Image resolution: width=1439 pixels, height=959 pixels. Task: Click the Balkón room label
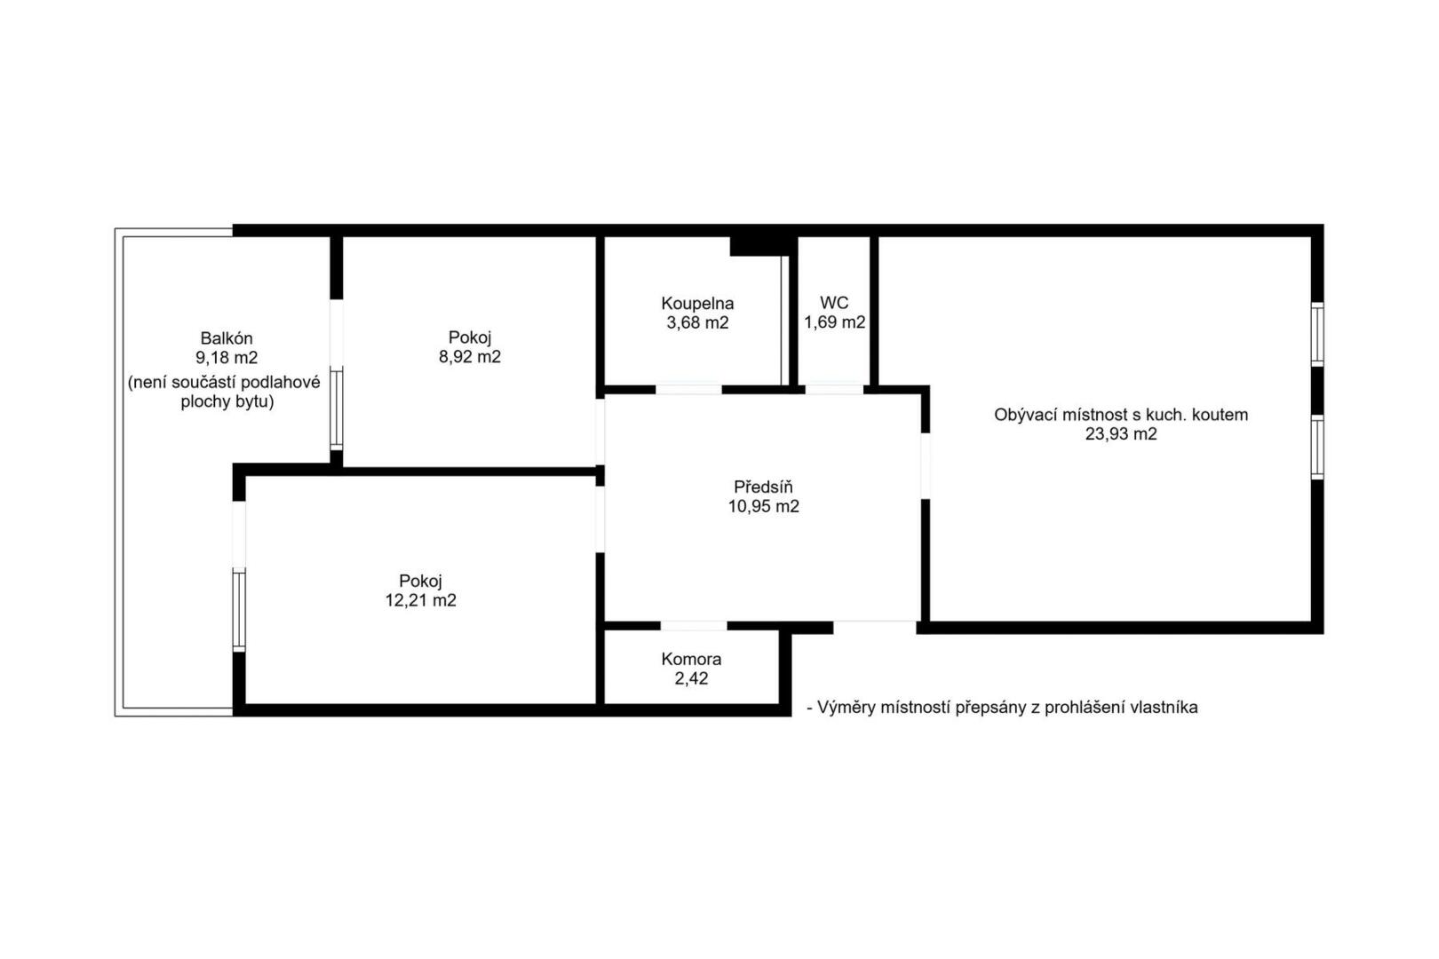point(227,337)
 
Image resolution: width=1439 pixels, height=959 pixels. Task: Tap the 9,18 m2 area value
point(227,358)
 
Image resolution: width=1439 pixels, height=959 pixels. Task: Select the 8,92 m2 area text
point(470,357)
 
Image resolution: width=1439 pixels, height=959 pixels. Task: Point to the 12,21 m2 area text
point(420,600)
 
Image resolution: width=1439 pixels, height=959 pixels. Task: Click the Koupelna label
point(697,303)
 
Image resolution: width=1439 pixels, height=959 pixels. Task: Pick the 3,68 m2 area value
point(697,323)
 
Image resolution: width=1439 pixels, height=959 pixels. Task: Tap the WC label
point(834,303)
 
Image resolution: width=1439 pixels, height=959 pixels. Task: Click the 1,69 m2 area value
point(834,322)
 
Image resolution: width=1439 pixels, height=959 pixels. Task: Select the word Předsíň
point(762,487)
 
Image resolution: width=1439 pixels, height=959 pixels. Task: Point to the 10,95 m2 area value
point(762,507)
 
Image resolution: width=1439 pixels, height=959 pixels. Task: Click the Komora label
point(691,659)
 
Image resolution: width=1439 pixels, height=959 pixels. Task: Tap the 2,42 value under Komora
point(691,679)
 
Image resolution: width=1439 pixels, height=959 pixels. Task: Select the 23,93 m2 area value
point(1121,434)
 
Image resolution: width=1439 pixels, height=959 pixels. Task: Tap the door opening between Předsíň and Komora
point(694,626)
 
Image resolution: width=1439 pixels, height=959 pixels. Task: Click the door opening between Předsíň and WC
point(834,389)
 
